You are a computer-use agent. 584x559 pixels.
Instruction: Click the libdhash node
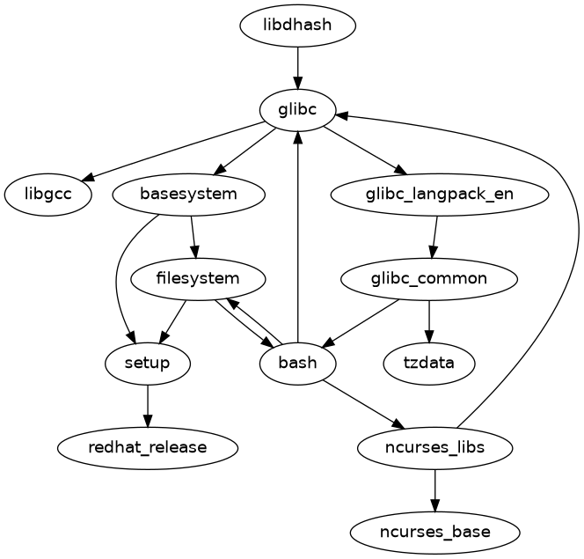click(297, 25)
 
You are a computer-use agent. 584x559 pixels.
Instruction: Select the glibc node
click(298, 109)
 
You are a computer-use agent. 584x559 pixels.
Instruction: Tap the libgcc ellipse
click(47, 195)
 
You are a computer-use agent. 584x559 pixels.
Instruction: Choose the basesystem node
click(189, 195)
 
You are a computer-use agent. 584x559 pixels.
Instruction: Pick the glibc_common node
click(428, 279)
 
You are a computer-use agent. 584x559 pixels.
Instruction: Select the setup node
click(147, 363)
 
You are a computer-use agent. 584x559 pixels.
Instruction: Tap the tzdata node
click(429, 363)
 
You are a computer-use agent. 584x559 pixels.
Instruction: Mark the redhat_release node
click(147, 447)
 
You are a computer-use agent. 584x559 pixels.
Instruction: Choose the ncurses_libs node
click(434, 447)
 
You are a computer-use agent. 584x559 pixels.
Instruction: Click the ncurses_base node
click(434, 532)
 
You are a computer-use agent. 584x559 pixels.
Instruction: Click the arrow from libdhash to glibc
click(298, 66)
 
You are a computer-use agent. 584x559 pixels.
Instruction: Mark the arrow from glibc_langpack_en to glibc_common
click(434, 237)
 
